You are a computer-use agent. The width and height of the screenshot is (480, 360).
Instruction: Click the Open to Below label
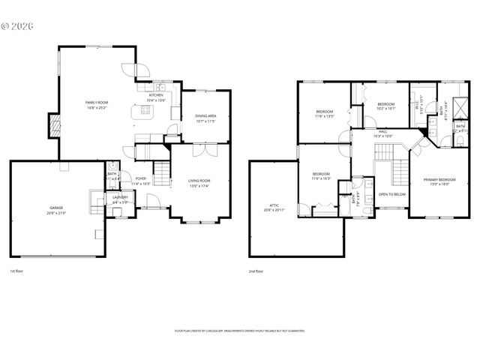pyautogui.click(x=392, y=194)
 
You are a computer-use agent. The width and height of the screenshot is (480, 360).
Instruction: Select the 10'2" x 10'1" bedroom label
pyautogui.click(x=385, y=106)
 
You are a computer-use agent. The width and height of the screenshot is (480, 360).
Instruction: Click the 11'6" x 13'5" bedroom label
pyautogui.click(x=324, y=114)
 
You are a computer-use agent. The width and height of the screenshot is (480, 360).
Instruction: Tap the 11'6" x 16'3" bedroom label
pyautogui.click(x=321, y=175)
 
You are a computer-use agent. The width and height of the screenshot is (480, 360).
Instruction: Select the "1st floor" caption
pyautogui.click(x=17, y=271)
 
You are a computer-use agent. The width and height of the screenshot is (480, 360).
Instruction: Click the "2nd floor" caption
pyautogui.click(x=256, y=271)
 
